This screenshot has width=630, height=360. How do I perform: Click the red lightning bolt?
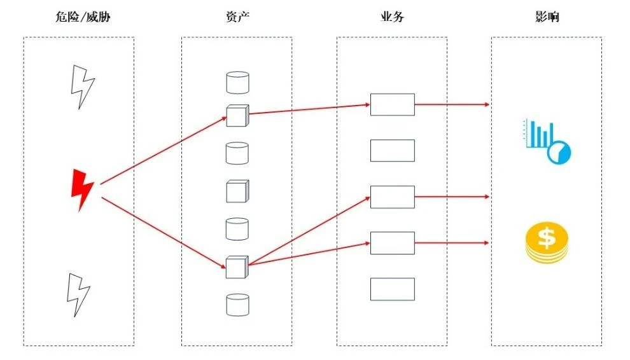click(x=82, y=190)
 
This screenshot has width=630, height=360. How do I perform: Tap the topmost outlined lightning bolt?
click(x=82, y=87)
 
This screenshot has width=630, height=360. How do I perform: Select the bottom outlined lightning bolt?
click(x=78, y=294)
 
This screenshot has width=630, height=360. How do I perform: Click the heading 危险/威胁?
click(x=83, y=17)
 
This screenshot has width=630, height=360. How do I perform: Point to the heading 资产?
click(x=237, y=17)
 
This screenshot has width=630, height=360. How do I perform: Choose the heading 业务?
click(x=392, y=17)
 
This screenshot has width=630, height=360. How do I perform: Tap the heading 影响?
click(x=547, y=17)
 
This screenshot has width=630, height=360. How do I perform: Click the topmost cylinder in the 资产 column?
click(x=237, y=83)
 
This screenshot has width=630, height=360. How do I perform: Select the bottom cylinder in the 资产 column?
click(x=237, y=305)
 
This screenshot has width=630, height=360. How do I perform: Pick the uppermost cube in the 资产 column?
click(x=237, y=116)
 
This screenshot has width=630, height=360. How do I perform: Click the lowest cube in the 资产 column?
click(x=237, y=267)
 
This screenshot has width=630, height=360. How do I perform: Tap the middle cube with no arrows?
click(x=237, y=191)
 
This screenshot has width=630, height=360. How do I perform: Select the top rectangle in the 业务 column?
click(x=393, y=104)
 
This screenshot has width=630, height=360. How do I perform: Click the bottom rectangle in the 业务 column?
click(x=393, y=289)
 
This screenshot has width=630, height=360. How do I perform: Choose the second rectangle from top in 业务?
click(x=393, y=151)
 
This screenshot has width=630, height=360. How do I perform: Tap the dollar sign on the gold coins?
click(x=547, y=237)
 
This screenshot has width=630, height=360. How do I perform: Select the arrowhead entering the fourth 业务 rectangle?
click(x=367, y=243)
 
